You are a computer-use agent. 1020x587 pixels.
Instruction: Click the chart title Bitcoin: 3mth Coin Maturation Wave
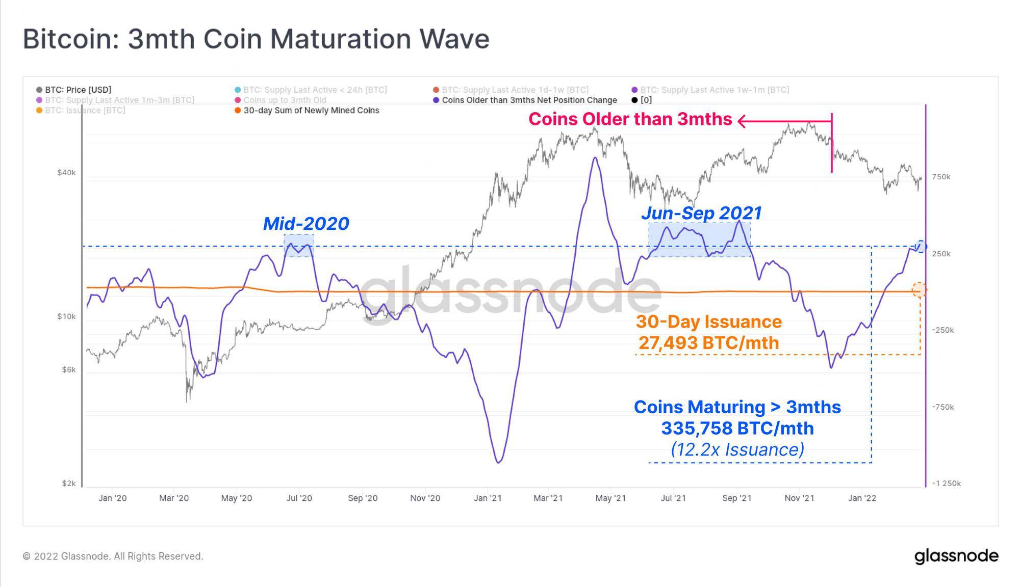point(256,39)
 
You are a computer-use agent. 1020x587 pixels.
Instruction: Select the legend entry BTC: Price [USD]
point(78,90)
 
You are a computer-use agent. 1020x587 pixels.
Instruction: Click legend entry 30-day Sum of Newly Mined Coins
point(311,110)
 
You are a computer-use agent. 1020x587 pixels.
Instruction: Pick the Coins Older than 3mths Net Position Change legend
point(529,100)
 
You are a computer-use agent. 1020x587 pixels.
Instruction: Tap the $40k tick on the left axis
point(66,173)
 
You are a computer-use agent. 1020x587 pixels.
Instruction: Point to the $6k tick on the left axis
point(69,369)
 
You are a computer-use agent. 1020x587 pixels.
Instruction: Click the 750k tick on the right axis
point(941,177)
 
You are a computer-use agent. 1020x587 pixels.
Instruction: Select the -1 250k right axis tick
point(946,483)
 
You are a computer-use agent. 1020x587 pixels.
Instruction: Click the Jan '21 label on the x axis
point(488,498)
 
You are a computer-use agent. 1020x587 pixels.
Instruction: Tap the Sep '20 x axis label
point(363,498)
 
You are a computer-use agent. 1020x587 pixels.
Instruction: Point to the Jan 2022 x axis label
point(862,498)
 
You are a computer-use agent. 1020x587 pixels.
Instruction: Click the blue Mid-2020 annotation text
point(306,224)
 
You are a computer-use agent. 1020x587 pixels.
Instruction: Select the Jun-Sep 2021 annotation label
point(701,213)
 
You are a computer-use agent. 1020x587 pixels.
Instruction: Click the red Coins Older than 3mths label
point(630,119)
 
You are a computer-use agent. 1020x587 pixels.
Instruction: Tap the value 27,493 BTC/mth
point(709,343)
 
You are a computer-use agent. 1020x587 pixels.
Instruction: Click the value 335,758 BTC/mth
point(737,429)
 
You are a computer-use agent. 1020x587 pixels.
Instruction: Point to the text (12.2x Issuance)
point(737,449)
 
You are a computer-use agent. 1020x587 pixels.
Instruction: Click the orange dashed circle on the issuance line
point(919,289)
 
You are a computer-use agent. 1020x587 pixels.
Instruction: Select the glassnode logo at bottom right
point(956,556)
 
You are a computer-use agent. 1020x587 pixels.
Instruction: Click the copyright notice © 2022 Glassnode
point(113,556)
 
